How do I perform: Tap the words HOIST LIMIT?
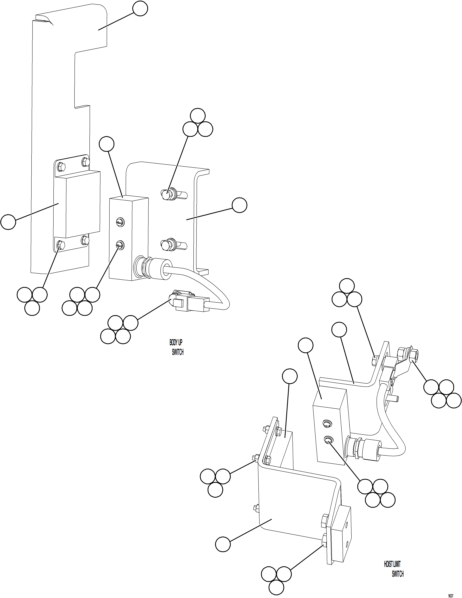click(392, 562)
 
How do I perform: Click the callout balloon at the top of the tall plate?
click(140, 9)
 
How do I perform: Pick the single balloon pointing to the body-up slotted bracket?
click(239, 205)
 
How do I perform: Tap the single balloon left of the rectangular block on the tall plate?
click(8, 222)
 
